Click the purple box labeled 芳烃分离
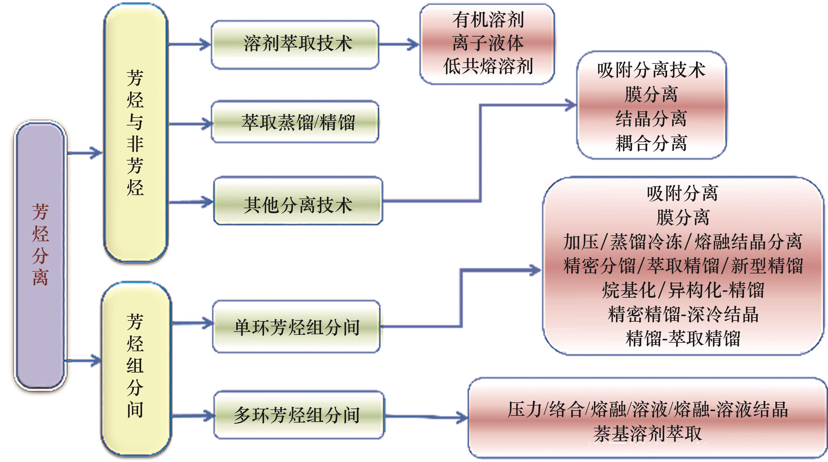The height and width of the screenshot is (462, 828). point(40,256)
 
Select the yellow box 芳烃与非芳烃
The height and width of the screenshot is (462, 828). point(135,132)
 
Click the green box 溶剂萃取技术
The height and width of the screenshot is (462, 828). point(295,44)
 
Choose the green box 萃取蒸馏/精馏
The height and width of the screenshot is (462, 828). point(295,122)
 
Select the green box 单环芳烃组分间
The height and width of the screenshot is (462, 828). point(296,327)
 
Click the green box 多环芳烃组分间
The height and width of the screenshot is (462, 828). point(299,415)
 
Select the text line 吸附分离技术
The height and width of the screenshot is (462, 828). point(651,70)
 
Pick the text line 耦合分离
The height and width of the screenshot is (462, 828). point(651,143)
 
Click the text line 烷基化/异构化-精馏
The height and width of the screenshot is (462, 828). point(683,290)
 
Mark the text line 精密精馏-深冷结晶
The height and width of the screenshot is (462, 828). point(683,314)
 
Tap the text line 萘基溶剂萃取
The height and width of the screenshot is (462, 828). point(647,433)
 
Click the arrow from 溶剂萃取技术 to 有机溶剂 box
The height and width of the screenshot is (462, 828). point(399,44)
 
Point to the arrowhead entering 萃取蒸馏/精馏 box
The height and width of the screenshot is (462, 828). point(206,124)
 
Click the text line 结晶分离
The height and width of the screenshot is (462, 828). point(651,119)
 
